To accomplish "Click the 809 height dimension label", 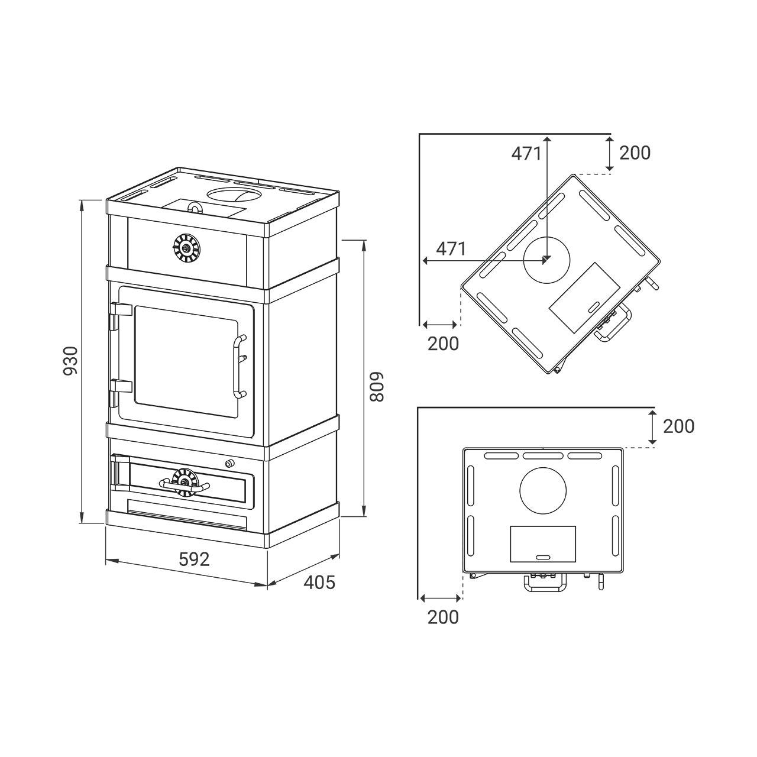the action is pyautogui.click(x=377, y=387).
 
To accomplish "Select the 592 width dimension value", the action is pyautogui.click(x=194, y=559).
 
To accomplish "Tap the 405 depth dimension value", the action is pyautogui.click(x=320, y=582).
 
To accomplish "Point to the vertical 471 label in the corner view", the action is pyautogui.click(x=526, y=154).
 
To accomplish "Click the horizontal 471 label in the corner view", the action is pyautogui.click(x=451, y=248).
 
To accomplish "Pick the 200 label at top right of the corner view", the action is pyautogui.click(x=635, y=153).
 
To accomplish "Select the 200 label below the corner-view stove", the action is pyautogui.click(x=443, y=344).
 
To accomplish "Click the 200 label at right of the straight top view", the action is pyautogui.click(x=679, y=426).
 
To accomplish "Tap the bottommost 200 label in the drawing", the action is pyautogui.click(x=443, y=617).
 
